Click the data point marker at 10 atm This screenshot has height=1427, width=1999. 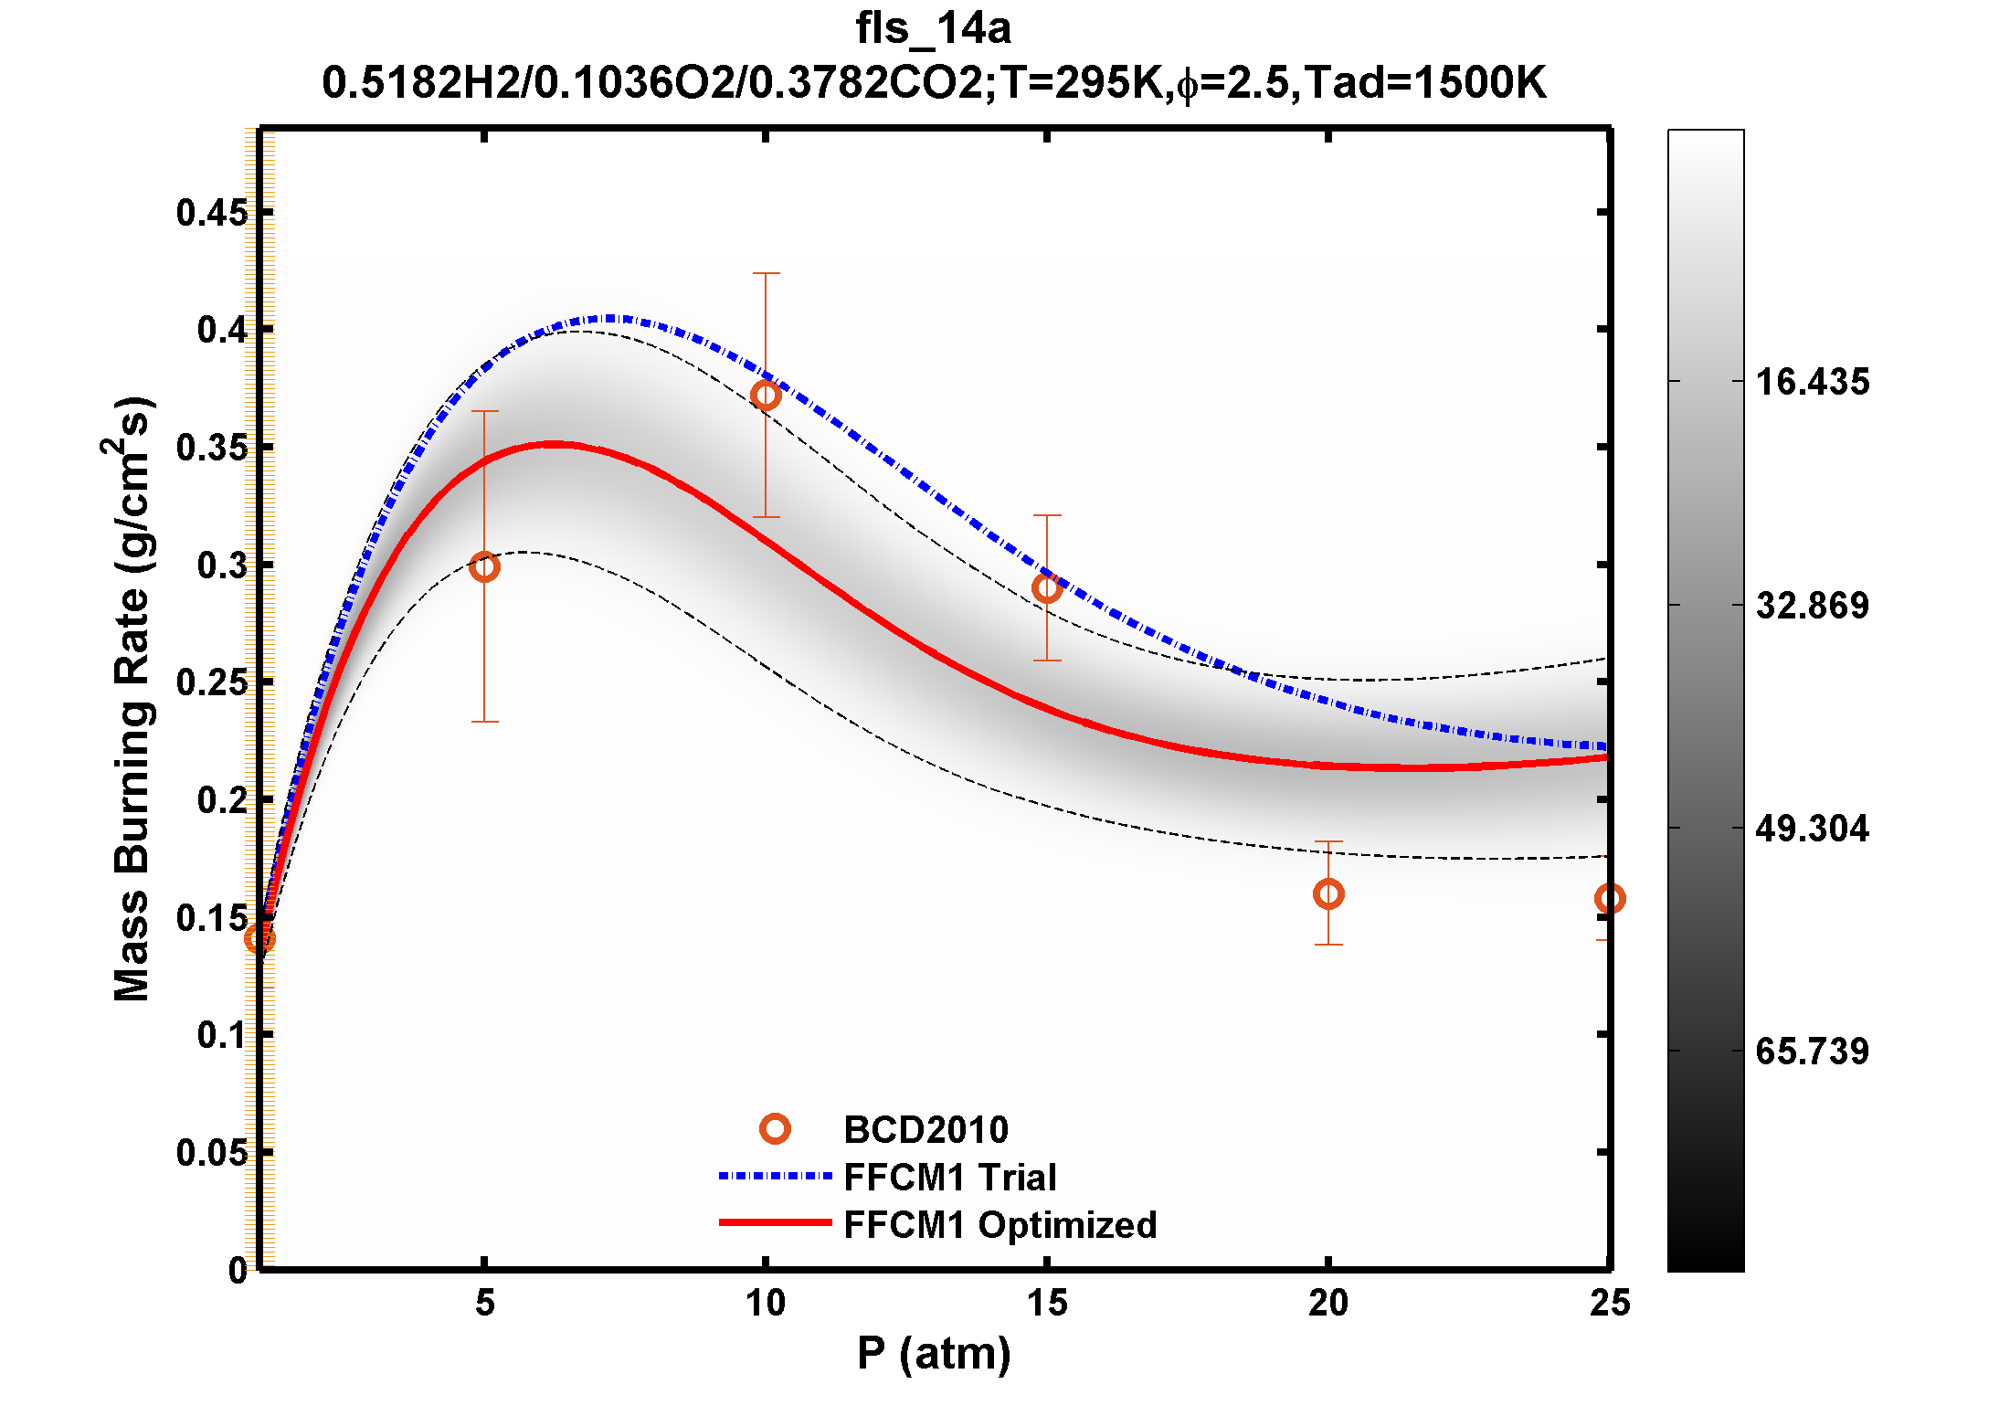(766, 396)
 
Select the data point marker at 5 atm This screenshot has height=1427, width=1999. (484, 566)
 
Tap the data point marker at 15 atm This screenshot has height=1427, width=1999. (1047, 588)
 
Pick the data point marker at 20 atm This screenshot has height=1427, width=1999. (1328, 893)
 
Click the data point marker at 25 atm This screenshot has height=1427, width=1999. (1609, 899)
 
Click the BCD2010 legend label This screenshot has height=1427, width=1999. (925, 1130)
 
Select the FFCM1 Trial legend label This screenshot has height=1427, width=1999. (949, 1178)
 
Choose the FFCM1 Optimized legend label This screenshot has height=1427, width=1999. (999, 1225)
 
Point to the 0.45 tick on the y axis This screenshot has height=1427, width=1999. (212, 213)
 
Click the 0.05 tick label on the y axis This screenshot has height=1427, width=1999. (212, 1153)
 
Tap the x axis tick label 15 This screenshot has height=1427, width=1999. (1047, 1303)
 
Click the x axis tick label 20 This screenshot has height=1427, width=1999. (1328, 1303)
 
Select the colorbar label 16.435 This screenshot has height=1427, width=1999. (1813, 382)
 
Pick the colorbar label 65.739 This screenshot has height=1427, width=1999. (1813, 1052)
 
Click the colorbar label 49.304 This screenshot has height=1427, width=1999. (1813, 829)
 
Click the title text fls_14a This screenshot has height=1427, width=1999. (933, 28)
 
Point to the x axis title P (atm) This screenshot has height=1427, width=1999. (934, 1353)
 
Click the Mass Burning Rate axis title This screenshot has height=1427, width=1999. (132, 699)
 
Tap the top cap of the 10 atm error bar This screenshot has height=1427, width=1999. (766, 273)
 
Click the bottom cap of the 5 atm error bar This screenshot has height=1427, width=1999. (484, 722)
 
